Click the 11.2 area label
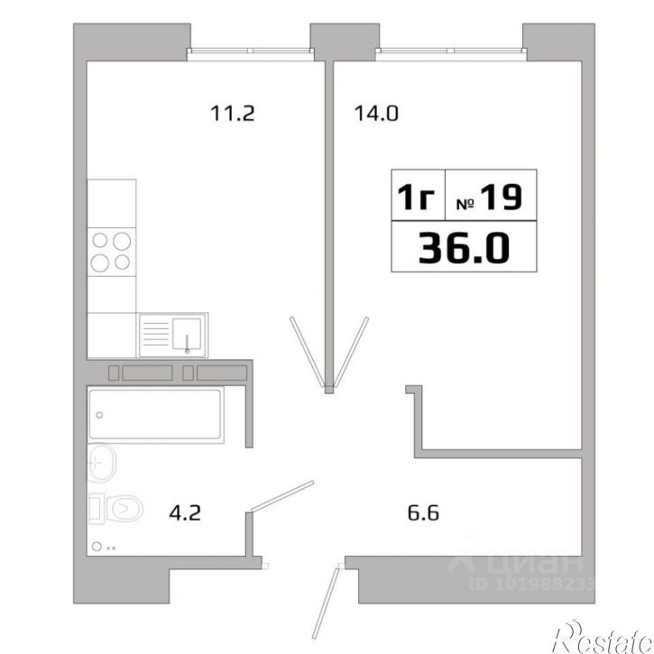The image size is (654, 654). click(233, 114)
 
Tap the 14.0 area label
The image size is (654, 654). click(376, 114)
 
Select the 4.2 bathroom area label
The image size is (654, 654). click(185, 512)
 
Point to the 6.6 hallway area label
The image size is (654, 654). click(423, 512)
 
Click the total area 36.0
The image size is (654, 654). click(464, 248)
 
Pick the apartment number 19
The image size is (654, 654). click(501, 197)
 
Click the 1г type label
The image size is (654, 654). click(416, 197)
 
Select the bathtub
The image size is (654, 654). click(155, 414)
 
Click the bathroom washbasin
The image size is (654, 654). click(101, 463)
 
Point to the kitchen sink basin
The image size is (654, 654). click(187, 334)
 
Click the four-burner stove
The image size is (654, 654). click(111, 252)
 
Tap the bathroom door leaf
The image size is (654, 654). click(282, 496)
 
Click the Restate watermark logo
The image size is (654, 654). click(603, 637)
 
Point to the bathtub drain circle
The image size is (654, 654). click(99, 415)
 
